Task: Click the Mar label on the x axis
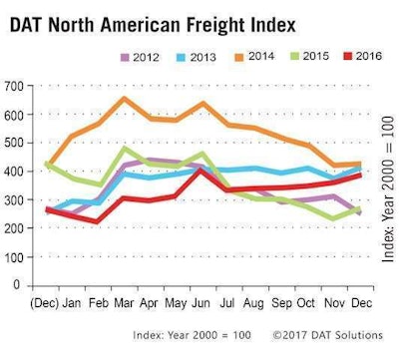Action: (x=123, y=300)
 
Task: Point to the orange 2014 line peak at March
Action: (x=123, y=99)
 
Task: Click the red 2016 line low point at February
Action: (x=96, y=221)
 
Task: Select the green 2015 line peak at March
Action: (x=123, y=149)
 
